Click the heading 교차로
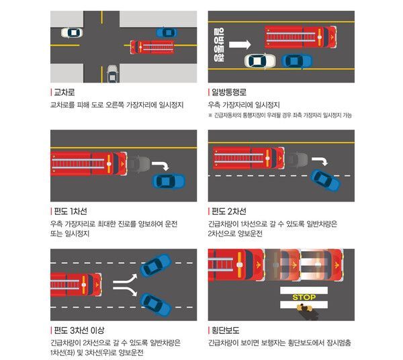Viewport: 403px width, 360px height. [x=64, y=92]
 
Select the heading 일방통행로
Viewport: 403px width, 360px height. [x=229, y=92]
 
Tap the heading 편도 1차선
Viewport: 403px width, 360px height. [x=71, y=211]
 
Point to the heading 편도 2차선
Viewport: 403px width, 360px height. [x=229, y=211]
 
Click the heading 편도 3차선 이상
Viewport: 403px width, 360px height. [x=79, y=330]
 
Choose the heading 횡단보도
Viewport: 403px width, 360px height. [x=226, y=330]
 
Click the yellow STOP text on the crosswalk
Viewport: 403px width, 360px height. [x=304, y=298]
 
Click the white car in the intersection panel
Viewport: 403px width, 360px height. [x=72, y=33]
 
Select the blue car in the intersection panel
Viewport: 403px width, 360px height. [x=167, y=33]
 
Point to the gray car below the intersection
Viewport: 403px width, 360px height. [x=112, y=74]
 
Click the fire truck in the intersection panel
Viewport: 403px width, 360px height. [x=152, y=47]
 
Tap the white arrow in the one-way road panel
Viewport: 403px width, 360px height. [x=240, y=44]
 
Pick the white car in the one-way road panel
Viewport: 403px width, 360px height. [x=260, y=61]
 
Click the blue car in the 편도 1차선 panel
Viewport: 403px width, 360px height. [x=169, y=181]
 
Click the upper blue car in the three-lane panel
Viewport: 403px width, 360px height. [x=156, y=265]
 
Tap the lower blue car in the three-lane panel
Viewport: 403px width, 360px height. [x=156, y=305]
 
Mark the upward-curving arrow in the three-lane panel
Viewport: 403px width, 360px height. [x=126, y=279]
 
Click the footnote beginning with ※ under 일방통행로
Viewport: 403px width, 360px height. [x=280, y=116]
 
